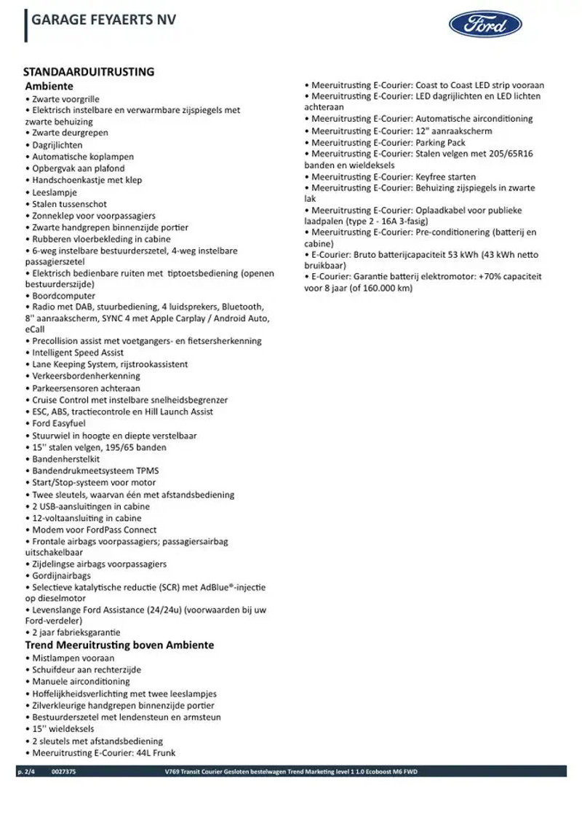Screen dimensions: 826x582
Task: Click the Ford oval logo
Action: point(485,25)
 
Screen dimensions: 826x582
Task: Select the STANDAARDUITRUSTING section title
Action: point(89,71)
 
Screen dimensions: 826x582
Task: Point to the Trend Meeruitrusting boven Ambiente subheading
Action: point(119,645)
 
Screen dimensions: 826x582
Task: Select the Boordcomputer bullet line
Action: point(63,296)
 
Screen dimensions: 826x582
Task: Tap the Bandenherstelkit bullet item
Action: point(66,460)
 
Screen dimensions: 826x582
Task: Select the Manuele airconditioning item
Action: point(81,681)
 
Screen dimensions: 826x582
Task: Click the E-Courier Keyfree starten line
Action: point(394,177)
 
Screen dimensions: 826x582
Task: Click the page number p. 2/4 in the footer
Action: point(25,772)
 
